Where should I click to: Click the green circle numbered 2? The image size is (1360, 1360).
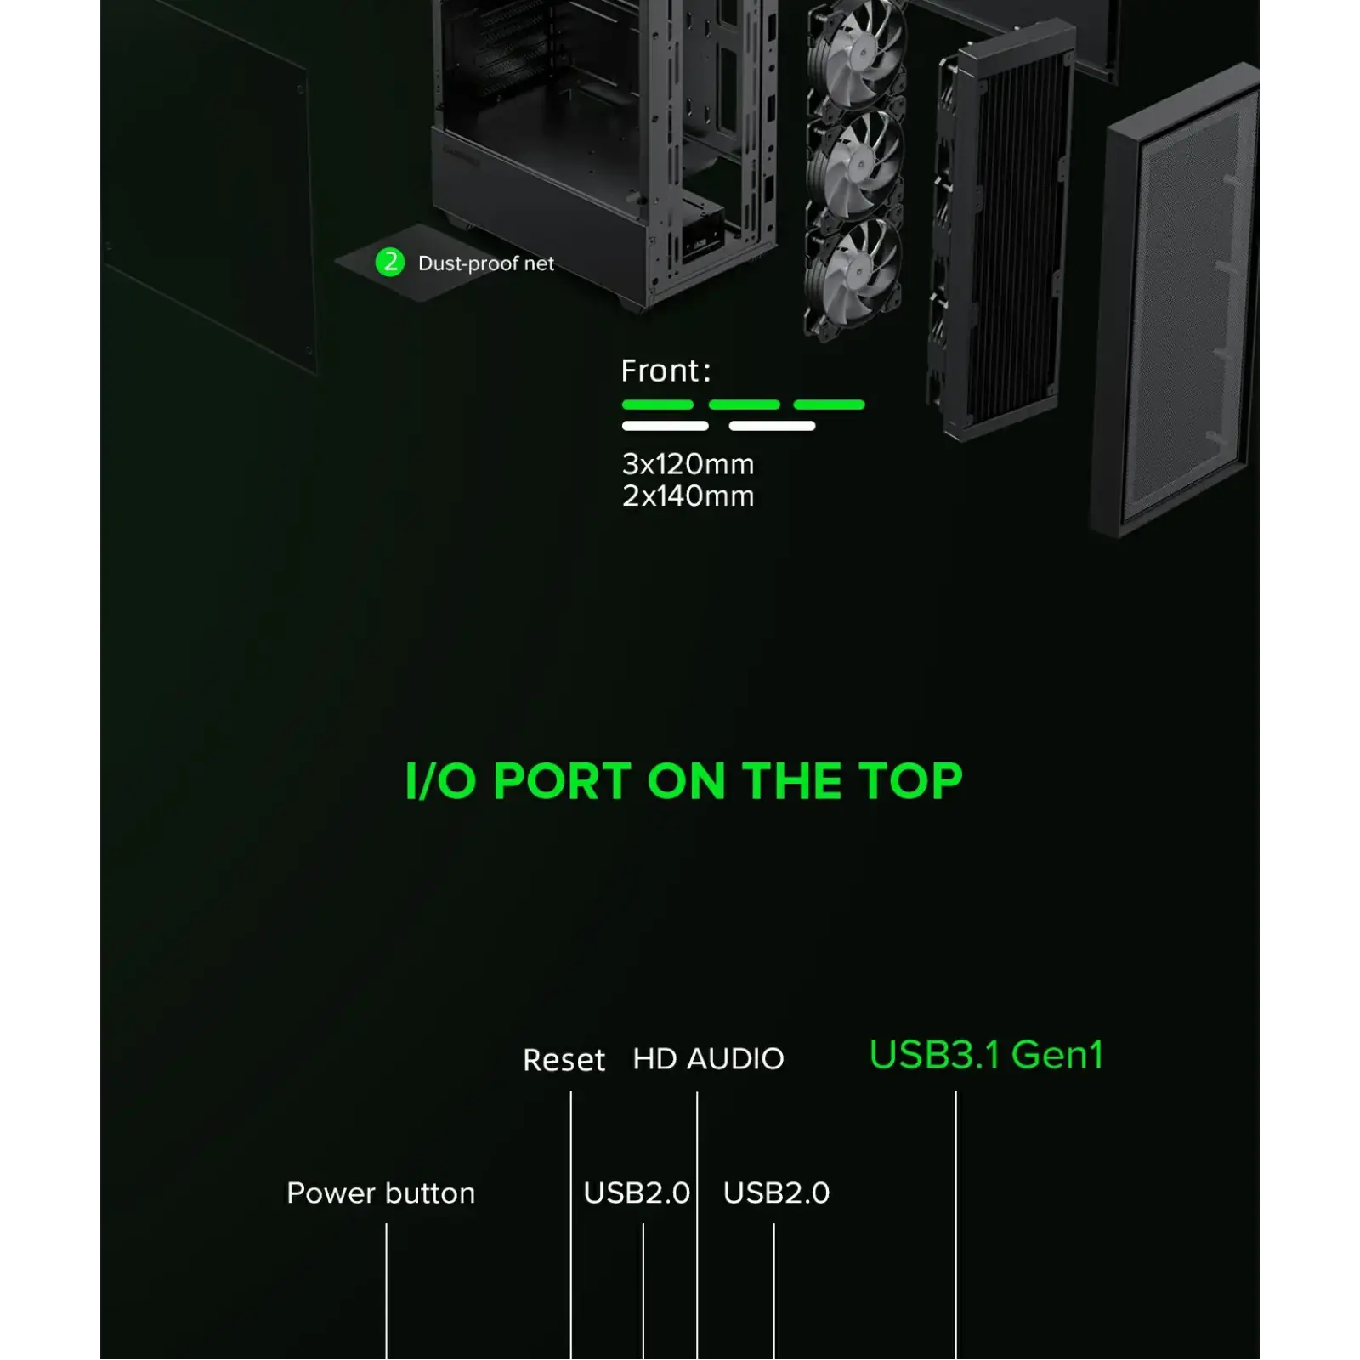coord(390,262)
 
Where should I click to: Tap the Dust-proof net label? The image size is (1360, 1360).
coord(485,263)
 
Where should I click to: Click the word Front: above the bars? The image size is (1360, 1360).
coord(666,371)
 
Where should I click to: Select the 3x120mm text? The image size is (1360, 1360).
coord(688,464)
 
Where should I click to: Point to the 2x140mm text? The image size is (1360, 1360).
coord(688,496)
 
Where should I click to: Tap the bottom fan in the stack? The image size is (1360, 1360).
coord(854,272)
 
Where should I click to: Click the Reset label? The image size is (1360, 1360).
coord(564,1060)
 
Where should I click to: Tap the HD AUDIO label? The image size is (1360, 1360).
coord(708,1059)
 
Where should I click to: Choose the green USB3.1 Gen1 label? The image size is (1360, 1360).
coord(986,1055)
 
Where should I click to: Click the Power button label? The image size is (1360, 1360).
coord(381,1193)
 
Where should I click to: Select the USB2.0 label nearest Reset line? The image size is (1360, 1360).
coord(637,1193)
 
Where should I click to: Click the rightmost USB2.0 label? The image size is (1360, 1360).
coord(776,1193)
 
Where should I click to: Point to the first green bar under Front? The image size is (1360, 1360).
coord(657,405)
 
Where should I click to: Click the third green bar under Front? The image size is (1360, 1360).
coord(829,405)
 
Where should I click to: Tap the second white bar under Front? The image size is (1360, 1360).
coord(772,426)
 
